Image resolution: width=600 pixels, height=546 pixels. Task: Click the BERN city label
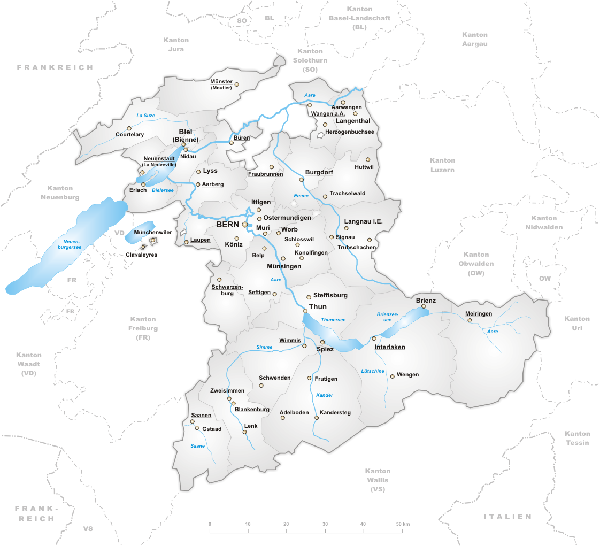[227, 225]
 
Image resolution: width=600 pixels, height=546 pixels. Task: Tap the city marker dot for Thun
[305, 311]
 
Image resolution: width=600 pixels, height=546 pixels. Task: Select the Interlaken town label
[390, 347]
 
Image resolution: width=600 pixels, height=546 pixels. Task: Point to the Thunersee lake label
[333, 320]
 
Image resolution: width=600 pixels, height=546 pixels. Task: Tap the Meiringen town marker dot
[470, 320]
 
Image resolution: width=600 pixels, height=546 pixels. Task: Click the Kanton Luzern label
[442, 165]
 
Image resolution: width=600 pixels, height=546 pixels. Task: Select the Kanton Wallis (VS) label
[378, 480]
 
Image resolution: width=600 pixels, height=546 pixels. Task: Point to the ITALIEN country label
[507, 517]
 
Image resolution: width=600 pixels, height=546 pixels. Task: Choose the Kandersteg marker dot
[317, 418]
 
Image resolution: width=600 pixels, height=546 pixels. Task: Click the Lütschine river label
[373, 371]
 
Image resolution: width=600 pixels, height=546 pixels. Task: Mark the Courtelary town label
[130, 135]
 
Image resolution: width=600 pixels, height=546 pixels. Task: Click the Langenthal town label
[353, 121]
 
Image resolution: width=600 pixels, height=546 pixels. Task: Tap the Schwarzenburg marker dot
[219, 280]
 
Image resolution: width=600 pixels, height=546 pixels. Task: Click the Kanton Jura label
[176, 44]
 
